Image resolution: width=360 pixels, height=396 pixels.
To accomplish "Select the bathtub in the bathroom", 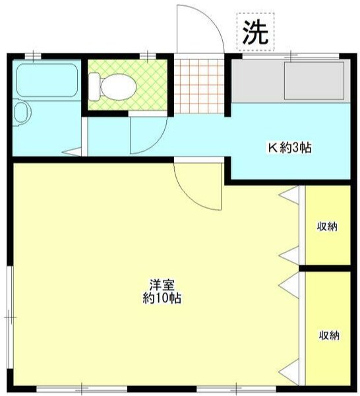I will (x=46, y=80).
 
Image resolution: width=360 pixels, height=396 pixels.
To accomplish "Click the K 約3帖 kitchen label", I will (x=289, y=148).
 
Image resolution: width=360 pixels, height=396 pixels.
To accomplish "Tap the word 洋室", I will (x=162, y=286).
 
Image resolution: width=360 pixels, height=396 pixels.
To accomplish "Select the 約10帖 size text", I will (x=162, y=298).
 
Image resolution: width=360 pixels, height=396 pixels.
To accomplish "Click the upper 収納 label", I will (x=328, y=227).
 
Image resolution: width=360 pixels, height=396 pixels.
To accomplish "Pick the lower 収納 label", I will (x=328, y=335).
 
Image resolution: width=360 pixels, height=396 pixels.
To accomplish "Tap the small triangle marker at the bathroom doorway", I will (x=71, y=154).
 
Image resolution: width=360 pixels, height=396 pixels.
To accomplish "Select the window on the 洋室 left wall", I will (x=9, y=317).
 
